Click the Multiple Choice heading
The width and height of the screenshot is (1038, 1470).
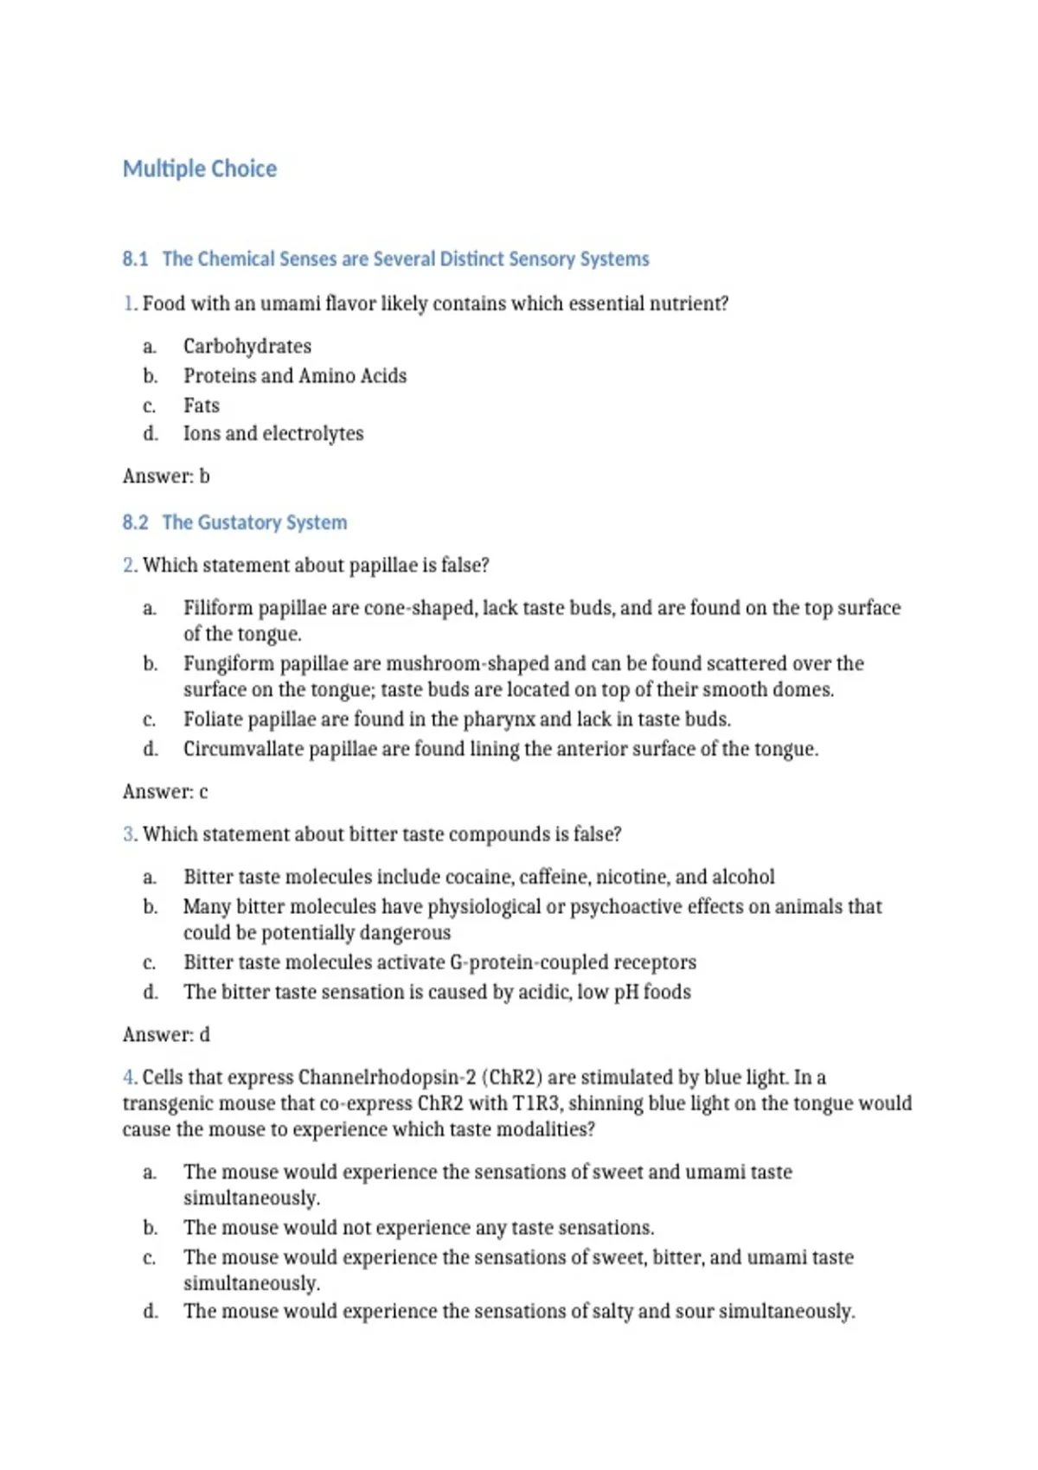pos(200,169)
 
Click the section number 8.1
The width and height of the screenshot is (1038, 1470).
pos(135,259)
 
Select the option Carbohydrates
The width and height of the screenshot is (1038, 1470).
pos(247,346)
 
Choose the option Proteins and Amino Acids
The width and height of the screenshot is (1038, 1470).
pos(295,375)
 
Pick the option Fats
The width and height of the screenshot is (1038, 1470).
pos(202,405)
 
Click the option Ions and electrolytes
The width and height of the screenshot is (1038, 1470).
pos(273,433)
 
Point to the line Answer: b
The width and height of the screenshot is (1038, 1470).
pos(166,476)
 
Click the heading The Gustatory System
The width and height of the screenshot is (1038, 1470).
pos(254,522)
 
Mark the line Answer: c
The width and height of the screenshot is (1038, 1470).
pos(165,791)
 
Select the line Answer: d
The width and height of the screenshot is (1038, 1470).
pos(166,1034)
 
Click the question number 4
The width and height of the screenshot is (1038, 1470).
pos(129,1077)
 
